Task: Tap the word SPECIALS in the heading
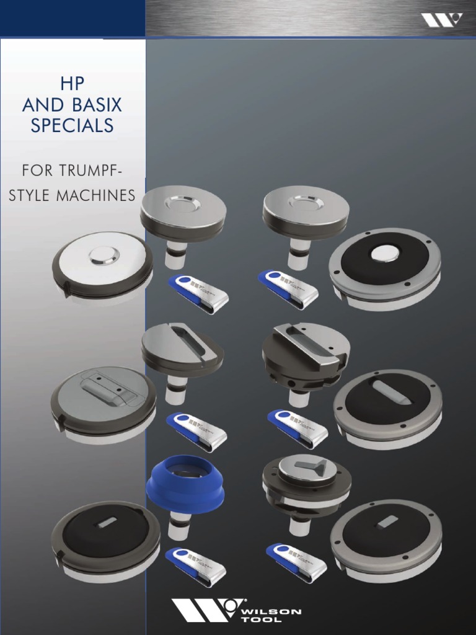pos(73,126)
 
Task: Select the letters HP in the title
pos(73,84)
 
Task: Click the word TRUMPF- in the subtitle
pos(108,170)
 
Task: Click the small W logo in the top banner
pos(441,20)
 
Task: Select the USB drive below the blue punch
pos(196,566)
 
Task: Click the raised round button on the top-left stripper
pos(102,254)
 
